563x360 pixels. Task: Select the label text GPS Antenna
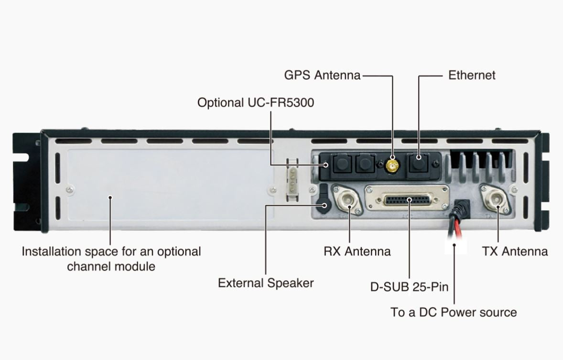tap(322, 75)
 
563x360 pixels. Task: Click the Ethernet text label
tap(472, 75)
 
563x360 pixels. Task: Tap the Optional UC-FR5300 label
tap(256, 102)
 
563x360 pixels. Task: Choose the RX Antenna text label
tap(357, 251)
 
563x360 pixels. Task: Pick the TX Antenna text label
tap(515, 251)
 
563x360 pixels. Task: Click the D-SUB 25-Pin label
tap(410, 287)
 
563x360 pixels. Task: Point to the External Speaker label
tap(266, 283)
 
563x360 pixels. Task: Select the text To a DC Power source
tap(454, 312)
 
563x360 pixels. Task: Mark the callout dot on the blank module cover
tap(110, 197)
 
